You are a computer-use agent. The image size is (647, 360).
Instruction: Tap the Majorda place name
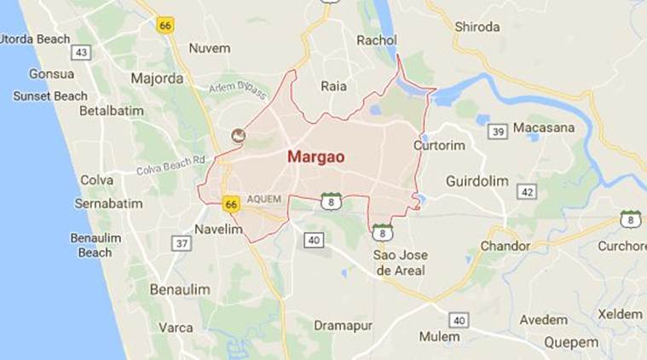click(159, 78)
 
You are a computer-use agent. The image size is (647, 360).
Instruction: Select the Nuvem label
click(210, 48)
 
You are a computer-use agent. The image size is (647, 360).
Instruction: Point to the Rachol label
click(376, 40)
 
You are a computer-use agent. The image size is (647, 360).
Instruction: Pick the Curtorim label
click(439, 145)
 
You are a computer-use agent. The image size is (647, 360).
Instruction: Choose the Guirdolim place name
click(477, 181)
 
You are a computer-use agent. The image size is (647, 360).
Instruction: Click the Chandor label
click(505, 246)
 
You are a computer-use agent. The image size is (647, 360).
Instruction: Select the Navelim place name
click(218, 230)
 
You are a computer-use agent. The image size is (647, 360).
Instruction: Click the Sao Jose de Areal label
click(401, 263)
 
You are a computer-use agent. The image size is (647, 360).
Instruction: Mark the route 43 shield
click(82, 53)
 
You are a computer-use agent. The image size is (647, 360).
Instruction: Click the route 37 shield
click(181, 243)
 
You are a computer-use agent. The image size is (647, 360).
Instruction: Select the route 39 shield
click(498, 131)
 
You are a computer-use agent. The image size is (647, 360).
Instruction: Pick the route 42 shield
click(527, 191)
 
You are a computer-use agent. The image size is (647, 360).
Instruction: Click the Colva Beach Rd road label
click(172, 165)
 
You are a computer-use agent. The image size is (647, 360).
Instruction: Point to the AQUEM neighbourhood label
click(263, 199)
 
